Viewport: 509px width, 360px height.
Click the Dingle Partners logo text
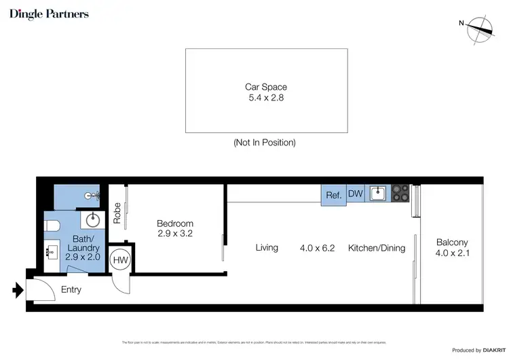49,14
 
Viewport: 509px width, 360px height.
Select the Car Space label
265,87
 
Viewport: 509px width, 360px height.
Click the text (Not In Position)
265,143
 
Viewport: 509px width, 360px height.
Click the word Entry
71,290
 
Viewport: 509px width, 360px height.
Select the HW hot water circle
120,259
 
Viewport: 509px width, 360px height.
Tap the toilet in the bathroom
54,226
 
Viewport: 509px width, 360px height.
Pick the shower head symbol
92,195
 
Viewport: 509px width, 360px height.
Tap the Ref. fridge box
333,195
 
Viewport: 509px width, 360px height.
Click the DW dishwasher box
356,194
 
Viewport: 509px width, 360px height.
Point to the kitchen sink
378,194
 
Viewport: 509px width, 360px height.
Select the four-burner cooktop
400,194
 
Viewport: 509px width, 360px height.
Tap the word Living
267,248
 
